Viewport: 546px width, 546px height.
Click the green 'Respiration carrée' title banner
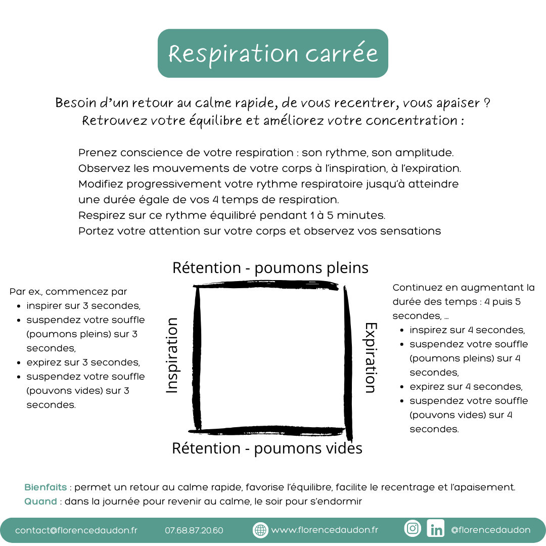[272, 53]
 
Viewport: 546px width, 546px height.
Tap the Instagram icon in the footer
[413, 528]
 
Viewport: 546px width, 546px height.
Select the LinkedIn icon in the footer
[436, 528]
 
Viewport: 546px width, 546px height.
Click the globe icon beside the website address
[260, 530]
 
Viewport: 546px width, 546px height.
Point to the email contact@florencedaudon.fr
[76, 530]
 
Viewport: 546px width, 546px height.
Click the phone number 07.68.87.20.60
[194, 530]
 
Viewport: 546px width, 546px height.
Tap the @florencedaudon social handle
[490, 530]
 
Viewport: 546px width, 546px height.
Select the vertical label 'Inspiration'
[172, 355]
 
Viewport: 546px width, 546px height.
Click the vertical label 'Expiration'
[371, 357]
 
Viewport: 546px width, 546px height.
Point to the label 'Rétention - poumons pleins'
[270, 268]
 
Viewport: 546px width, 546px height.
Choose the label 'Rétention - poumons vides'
[267, 448]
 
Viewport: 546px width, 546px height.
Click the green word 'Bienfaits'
[45, 487]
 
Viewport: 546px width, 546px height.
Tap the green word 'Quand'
[40, 502]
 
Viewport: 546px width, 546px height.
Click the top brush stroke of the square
[266, 286]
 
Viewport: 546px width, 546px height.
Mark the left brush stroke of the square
[197, 357]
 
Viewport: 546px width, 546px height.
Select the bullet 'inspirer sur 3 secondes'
[83, 306]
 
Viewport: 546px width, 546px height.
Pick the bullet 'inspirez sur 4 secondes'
[467, 330]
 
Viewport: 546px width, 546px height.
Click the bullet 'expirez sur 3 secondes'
[83, 362]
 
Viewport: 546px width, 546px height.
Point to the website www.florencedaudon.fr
[325, 530]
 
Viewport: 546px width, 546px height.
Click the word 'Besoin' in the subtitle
[76, 103]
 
